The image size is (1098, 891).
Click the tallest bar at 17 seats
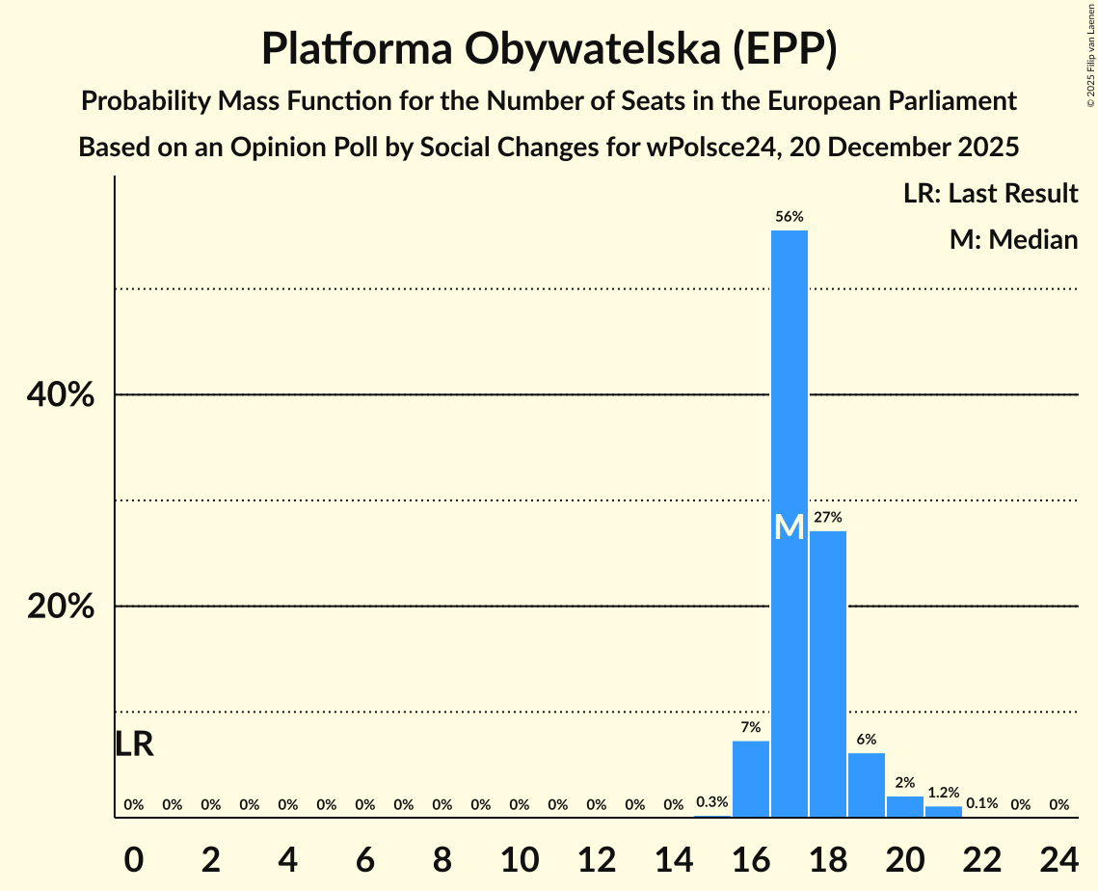coord(790,386)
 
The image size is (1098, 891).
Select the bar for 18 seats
coord(828,674)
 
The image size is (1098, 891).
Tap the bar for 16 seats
coord(751,779)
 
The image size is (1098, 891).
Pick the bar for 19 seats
coord(867,785)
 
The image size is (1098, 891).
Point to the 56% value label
coord(790,217)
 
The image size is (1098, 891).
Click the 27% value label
coord(828,518)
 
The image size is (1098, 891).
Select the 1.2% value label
coord(944,793)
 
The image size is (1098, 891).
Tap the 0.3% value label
coord(712,802)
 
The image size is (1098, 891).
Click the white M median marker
coord(790,527)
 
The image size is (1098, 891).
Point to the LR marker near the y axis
coord(134,744)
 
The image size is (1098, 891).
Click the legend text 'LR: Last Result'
coord(990,194)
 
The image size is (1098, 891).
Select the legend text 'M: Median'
coord(1013,239)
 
